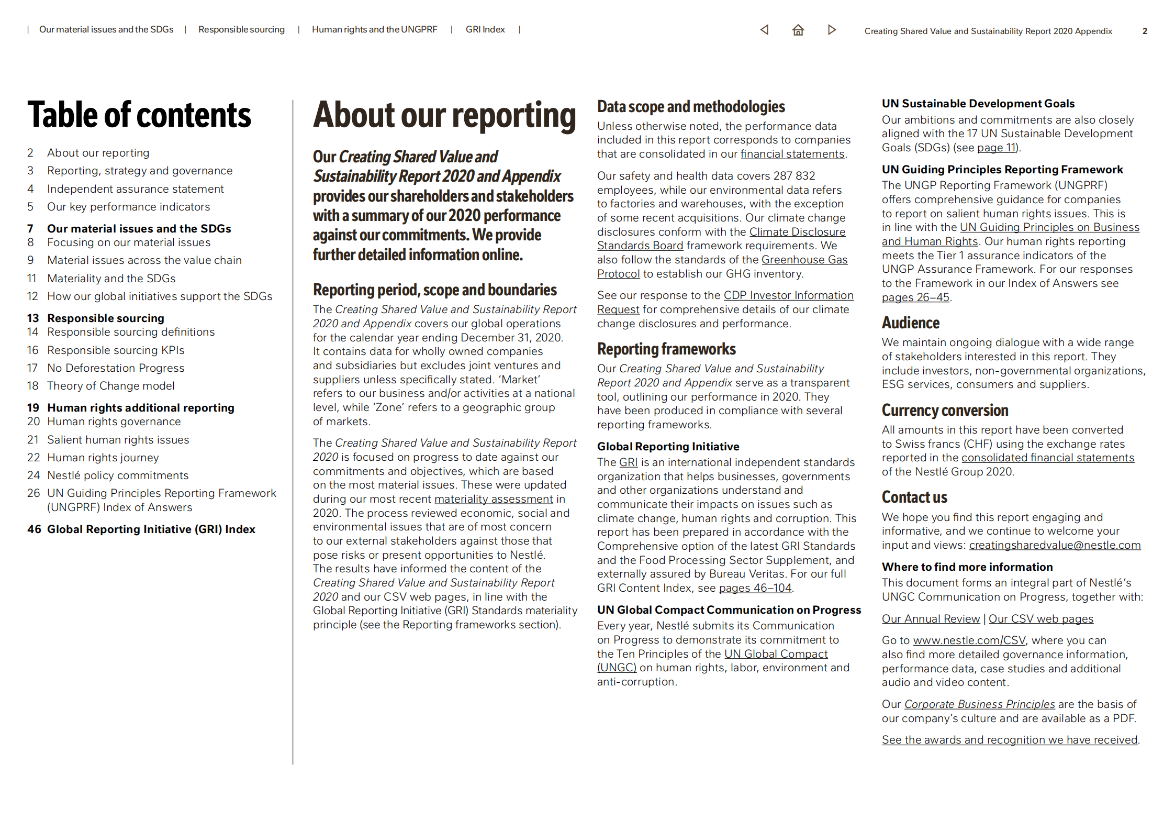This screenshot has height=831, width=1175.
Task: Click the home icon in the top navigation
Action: click(798, 30)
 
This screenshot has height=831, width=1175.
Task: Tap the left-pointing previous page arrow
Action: click(764, 30)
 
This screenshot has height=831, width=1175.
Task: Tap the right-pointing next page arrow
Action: click(832, 30)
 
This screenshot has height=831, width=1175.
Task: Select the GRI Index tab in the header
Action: click(485, 30)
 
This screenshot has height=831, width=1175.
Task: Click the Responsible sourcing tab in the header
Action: click(241, 30)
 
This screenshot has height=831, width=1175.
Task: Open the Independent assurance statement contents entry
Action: click(135, 189)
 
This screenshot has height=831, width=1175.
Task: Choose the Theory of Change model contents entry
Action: click(110, 386)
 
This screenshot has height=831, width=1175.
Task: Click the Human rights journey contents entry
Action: click(103, 458)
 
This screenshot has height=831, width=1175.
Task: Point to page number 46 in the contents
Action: click(34, 529)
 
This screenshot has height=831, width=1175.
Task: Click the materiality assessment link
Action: click(493, 499)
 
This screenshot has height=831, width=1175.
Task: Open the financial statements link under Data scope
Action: click(792, 154)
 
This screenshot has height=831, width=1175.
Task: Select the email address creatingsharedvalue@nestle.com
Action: click(1054, 545)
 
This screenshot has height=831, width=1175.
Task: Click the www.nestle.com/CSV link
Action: click(969, 640)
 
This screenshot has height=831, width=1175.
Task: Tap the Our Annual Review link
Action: click(930, 619)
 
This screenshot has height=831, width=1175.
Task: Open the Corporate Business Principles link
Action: click(979, 704)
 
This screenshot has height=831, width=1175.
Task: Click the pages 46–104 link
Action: click(755, 588)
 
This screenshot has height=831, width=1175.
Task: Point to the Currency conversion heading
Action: click(945, 411)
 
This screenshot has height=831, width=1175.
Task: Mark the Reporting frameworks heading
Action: click(666, 349)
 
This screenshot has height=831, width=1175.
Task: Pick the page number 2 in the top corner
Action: click(1145, 31)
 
